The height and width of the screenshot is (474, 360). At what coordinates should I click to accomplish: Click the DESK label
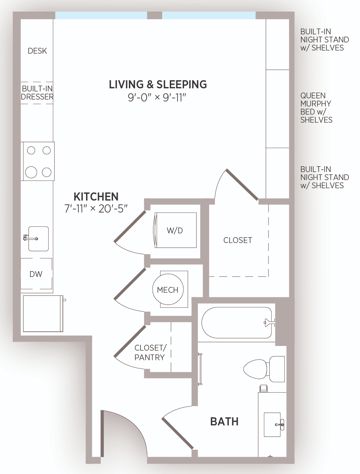pyautogui.click(x=37, y=51)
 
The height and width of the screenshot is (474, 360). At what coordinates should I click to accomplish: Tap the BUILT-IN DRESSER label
pyautogui.click(x=37, y=93)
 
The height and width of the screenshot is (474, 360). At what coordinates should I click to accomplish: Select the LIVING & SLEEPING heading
pyautogui.click(x=158, y=84)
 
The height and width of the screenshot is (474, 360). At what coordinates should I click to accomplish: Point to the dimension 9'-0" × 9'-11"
pyautogui.click(x=157, y=98)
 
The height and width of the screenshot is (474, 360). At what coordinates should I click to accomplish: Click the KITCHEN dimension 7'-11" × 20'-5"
pyautogui.click(x=96, y=209)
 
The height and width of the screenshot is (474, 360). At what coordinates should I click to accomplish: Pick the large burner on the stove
pyautogui.click(x=31, y=172)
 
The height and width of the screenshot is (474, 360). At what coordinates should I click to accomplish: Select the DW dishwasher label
pyautogui.click(x=36, y=274)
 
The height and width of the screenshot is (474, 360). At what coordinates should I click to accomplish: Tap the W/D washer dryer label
pyautogui.click(x=175, y=231)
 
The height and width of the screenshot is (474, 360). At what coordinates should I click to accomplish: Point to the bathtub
pyautogui.click(x=237, y=323)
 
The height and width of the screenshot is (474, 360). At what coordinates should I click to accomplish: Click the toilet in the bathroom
pyautogui.click(x=264, y=369)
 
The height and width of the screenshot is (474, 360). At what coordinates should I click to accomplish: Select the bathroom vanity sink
pyautogui.click(x=272, y=425)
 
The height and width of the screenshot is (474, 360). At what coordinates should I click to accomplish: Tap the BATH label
pyautogui.click(x=225, y=422)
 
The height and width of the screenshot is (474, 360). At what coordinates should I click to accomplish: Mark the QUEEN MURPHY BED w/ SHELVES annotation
pyautogui.click(x=316, y=108)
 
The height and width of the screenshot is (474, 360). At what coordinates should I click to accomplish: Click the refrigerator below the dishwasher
pyautogui.click(x=43, y=314)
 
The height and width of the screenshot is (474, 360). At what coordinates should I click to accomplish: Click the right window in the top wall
pyautogui.click(x=209, y=15)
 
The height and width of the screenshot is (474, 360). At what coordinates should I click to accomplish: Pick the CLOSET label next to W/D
pyautogui.click(x=238, y=240)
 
